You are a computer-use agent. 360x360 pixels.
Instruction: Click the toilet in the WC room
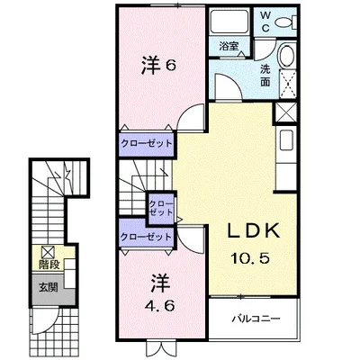(286, 22)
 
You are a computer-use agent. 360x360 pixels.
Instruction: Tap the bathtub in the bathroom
(229, 22)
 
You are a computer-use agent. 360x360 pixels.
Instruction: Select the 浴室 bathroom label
(229, 47)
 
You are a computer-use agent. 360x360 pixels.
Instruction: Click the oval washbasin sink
(288, 57)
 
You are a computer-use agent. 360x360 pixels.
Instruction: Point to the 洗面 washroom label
(265, 76)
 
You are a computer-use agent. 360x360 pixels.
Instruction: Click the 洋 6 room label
(158, 66)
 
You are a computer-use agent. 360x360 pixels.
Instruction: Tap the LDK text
(254, 231)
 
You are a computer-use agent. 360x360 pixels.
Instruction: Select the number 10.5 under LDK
(250, 257)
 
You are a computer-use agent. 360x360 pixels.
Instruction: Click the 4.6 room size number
(160, 306)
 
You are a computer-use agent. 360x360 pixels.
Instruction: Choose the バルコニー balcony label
(256, 319)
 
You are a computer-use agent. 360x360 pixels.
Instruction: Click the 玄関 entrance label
(48, 287)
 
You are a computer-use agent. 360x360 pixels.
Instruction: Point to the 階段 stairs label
(49, 265)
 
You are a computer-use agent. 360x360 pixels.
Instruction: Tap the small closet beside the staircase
(161, 208)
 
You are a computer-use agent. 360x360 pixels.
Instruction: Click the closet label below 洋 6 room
(147, 143)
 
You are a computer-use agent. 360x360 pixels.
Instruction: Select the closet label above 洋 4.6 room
(146, 237)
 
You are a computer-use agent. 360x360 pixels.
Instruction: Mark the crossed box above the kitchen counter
(285, 112)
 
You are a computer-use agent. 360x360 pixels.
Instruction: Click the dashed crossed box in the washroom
(288, 85)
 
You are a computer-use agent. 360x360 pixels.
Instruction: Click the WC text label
(265, 22)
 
